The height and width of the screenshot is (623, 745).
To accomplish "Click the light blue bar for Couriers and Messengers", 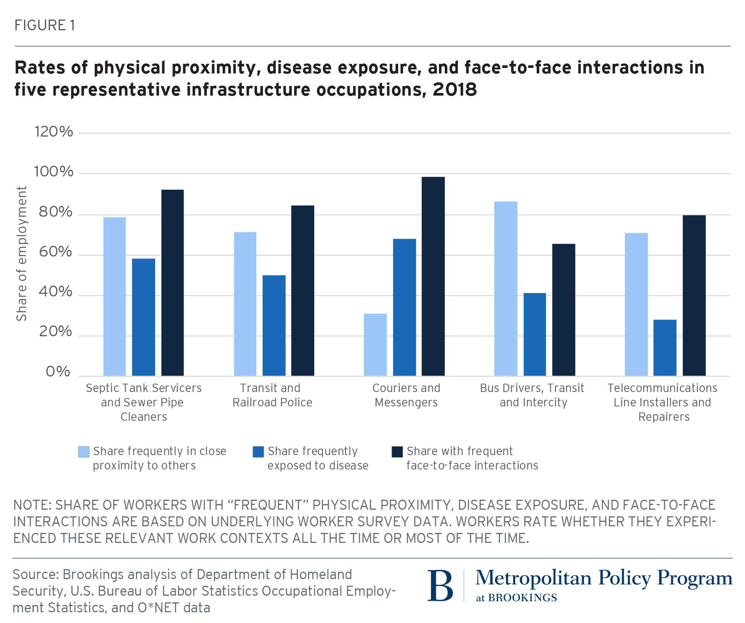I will [375, 345].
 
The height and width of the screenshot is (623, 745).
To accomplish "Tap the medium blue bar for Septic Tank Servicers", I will [143, 317].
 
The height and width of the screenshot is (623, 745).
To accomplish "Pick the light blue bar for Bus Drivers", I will [505, 289].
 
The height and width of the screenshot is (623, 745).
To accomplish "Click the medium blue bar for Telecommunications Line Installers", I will [664, 348].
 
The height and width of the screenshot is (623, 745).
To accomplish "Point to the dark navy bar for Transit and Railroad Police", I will [303, 290].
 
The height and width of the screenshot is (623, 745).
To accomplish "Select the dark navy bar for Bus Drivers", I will [563, 310].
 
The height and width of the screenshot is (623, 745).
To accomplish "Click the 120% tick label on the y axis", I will [54, 132].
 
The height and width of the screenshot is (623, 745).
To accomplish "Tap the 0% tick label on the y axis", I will [58, 372].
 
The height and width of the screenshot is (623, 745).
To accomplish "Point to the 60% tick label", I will [55, 252].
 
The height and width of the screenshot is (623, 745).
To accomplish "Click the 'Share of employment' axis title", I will [21, 254].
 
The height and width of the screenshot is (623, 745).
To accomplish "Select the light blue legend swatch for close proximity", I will [84, 452].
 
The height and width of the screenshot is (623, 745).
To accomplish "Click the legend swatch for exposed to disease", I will [258, 452].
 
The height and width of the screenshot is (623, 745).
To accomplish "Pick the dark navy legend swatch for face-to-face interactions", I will [397, 452].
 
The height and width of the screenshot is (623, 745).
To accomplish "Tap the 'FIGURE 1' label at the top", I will [45, 25].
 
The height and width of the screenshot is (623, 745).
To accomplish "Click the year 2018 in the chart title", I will [455, 90].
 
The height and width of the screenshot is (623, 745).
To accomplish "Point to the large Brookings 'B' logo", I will [440, 586].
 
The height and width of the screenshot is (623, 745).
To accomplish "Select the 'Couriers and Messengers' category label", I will [406, 395].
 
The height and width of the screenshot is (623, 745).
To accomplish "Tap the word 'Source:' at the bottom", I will [36, 575].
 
